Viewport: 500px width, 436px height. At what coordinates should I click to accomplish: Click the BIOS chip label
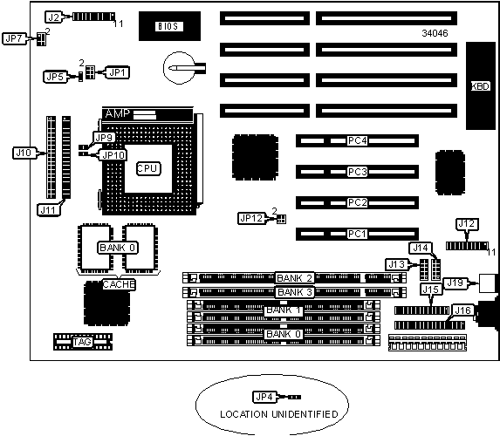coord(169,26)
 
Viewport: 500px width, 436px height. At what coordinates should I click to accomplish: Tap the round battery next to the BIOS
coord(179,68)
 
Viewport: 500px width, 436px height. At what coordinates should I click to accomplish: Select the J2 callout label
coord(53,17)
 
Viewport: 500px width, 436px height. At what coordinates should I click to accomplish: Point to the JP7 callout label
coord(14,38)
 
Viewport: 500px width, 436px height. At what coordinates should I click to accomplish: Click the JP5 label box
coord(55,77)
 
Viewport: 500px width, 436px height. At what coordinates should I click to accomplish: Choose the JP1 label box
coord(117,72)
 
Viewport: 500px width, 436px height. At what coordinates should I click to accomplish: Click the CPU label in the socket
coord(148,168)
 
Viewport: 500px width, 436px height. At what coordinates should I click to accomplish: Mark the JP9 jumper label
coord(105,138)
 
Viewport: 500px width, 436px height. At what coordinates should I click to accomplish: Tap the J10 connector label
coord(24,153)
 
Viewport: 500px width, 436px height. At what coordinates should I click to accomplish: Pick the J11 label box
coord(49,210)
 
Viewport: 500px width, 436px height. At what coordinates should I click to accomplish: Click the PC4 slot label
coord(357,140)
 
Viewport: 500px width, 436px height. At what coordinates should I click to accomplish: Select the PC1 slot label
coord(357,234)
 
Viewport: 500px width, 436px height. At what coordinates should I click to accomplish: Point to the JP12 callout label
coord(251,218)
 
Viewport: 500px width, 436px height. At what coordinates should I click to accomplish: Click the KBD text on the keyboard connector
coord(481,86)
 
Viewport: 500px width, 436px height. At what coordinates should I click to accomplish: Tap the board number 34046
coord(435,33)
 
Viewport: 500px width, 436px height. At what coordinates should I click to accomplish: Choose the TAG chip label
coord(83,342)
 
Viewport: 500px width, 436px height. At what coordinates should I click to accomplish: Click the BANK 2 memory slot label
coord(294,278)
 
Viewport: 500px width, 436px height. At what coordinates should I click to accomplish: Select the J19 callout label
coord(455,283)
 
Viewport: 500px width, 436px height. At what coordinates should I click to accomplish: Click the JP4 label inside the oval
coord(264,397)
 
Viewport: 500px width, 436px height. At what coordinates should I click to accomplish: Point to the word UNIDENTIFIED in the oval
coord(305,414)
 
